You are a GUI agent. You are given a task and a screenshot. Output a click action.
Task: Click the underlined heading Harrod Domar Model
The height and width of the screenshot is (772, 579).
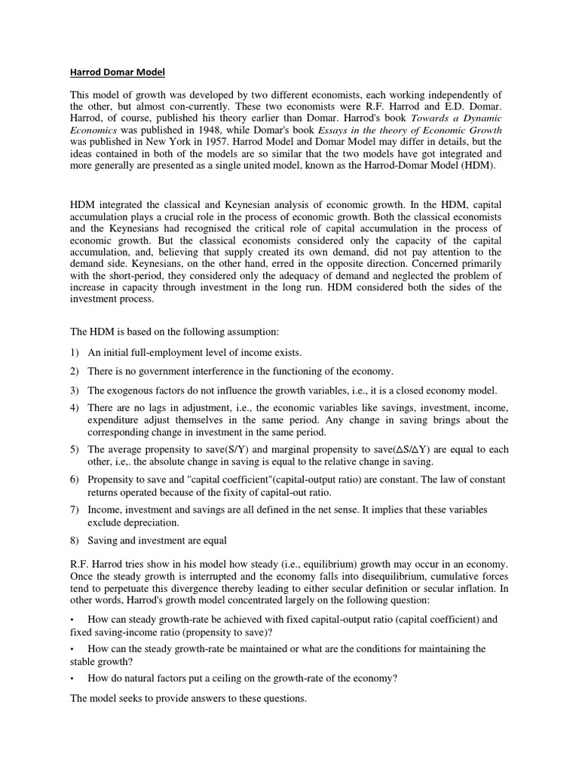[x=117, y=72]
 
